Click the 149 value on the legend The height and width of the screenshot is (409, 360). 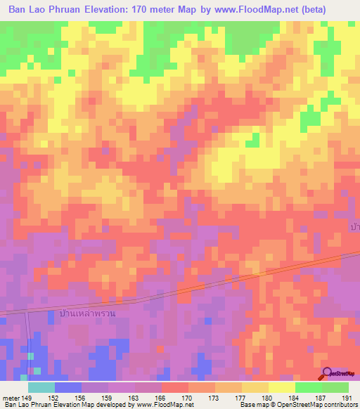click(27, 397)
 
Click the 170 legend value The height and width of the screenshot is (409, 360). click(188, 397)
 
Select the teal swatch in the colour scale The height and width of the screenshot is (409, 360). click(41, 387)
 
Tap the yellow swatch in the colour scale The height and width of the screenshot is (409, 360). click(281, 387)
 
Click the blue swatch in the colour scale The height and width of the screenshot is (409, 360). click(68, 387)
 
